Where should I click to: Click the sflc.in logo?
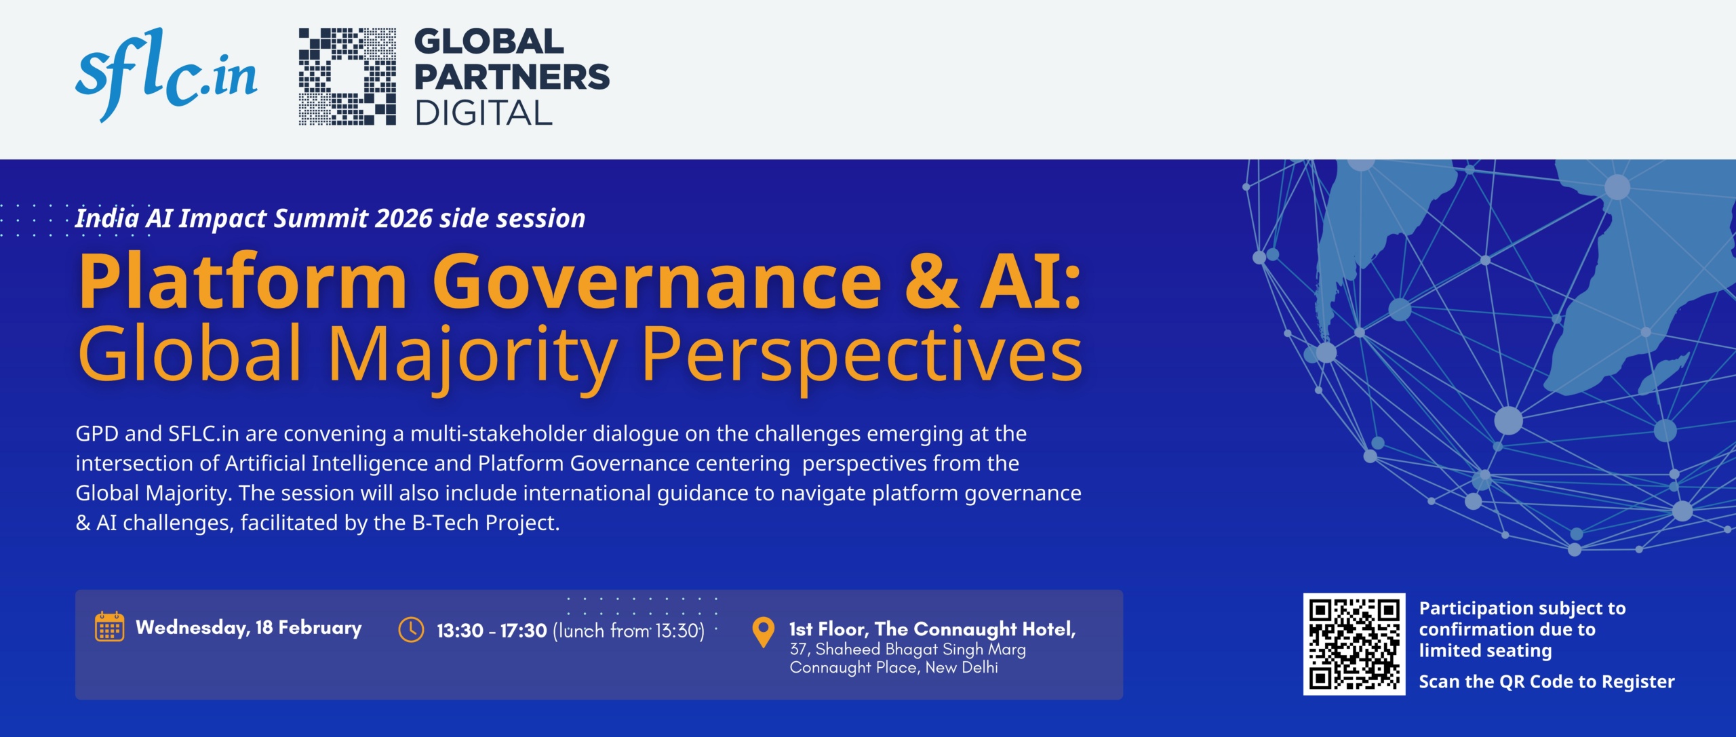166,75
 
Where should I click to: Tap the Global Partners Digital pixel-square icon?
348,77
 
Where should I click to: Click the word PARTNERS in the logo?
512,77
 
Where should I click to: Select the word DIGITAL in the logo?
484,113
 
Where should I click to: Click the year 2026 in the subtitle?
403,218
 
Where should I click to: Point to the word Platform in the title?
243,281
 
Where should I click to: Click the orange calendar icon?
109,626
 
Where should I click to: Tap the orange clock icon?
411,629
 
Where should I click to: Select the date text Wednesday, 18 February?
249,628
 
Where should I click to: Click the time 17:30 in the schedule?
524,631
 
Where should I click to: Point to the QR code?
1354,644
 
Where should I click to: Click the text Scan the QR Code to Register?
1547,682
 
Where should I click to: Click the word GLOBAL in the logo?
489,42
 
